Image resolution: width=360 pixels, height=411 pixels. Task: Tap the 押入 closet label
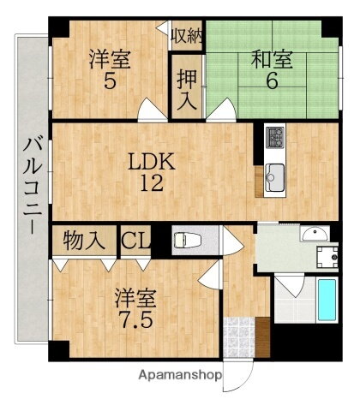tap(184, 86)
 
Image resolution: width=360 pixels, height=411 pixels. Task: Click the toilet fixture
tap(183, 240)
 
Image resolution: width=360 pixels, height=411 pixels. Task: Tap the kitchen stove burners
tap(275, 137)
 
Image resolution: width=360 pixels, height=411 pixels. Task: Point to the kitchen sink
tap(274, 176)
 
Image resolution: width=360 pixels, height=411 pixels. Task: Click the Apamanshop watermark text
tap(178, 375)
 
